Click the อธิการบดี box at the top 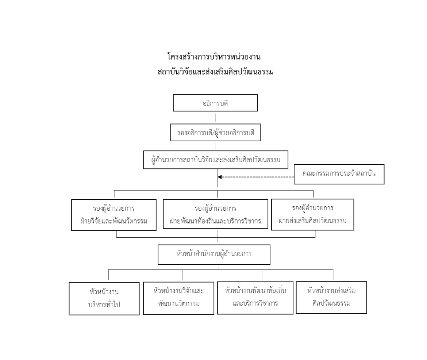tap(215, 103)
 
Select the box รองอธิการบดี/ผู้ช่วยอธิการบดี tap(216, 133)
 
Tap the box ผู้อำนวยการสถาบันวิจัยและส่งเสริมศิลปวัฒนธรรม tap(216, 160)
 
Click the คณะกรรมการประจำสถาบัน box tap(339, 174)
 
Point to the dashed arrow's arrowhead tap(220, 177)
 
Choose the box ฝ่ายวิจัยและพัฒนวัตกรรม tap(114, 215)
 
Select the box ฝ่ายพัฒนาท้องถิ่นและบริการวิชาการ tap(215, 215)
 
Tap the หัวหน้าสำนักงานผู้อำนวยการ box tap(214, 254)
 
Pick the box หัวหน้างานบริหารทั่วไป tap(104, 298)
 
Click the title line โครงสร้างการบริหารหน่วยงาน tap(214, 57)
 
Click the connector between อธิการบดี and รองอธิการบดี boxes tap(215, 117)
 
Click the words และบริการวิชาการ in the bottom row tap(255, 303)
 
